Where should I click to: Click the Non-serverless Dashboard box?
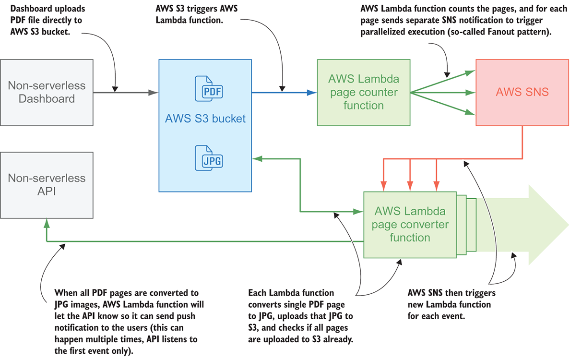(x=47, y=93)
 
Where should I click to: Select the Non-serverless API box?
(x=47, y=185)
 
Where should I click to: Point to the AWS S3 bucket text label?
(x=205, y=118)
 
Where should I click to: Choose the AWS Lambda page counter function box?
(x=363, y=93)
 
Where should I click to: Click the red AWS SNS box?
(x=522, y=93)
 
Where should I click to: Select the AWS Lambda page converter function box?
(x=410, y=224)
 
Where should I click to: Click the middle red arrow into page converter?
(x=410, y=173)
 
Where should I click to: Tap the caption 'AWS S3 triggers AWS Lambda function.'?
(x=197, y=14)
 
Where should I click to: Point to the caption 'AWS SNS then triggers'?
(x=451, y=292)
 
